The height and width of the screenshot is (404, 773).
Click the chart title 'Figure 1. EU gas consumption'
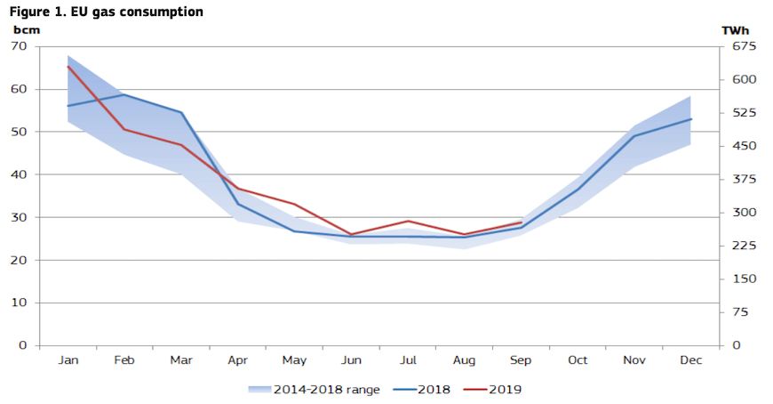coord(106,12)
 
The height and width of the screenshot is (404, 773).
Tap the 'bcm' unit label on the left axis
coord(27,29)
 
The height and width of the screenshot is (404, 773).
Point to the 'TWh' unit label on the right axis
coord(735,29)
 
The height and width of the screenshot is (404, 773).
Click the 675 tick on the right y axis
coord(743,46)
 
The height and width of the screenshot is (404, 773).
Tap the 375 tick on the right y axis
coord(743,179)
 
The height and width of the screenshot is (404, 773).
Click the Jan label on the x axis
coord(68,360)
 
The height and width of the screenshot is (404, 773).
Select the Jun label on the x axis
coord(351,360)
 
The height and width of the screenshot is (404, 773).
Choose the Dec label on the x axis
coord(690,360)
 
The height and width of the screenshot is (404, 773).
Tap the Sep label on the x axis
coord(521,360)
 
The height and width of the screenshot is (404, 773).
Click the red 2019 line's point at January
coord(68,66)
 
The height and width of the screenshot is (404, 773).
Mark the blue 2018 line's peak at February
coord(124,94)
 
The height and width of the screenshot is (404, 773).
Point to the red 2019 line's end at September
coord(521,222)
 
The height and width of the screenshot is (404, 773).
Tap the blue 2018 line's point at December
coord(690,119)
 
